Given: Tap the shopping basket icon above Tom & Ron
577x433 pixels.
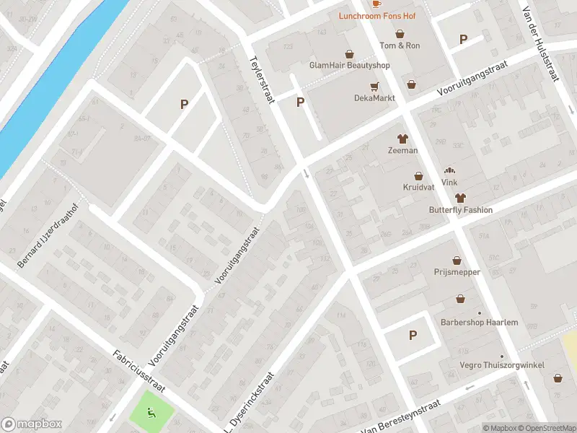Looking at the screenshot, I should click(x=400, y=33).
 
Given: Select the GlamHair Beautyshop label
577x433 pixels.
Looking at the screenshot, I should click(x=349, y=65).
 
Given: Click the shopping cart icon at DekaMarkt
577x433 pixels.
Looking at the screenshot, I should click(x=374, y=86).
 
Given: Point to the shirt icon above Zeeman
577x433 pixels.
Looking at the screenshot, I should click(x=402, y=139).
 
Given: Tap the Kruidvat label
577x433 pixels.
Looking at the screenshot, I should click(x=418, y=187).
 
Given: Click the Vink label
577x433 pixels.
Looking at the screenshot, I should click(x=450, y=183).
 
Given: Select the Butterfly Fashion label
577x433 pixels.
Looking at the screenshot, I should click(x=460, y=210).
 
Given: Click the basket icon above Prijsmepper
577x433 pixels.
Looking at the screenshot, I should click(x=457, y=261).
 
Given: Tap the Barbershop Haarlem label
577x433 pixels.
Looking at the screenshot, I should click(x=479, y=322).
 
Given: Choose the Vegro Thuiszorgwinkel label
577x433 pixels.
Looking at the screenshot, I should click(x=502, y=365).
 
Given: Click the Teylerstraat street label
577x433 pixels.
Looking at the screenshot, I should click(x=262, y=80).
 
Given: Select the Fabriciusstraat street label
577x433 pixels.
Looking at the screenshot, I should click(x=139, y=371).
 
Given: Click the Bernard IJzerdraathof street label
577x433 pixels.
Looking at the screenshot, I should click(x=46, y=238).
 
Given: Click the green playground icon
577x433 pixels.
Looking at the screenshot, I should click(x=151, y=413).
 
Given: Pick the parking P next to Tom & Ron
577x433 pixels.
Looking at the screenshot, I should click(x=463, y=39).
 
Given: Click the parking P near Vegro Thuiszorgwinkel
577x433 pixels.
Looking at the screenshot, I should click(x=413, y=335).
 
